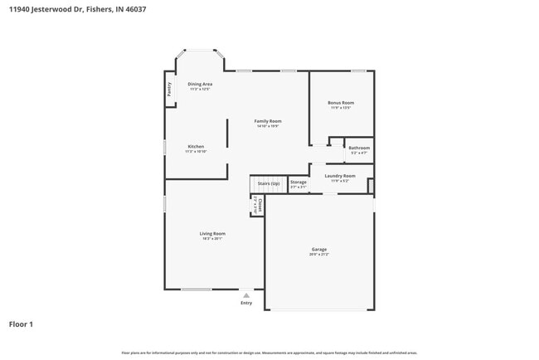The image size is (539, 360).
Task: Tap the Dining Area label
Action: coord(200,84)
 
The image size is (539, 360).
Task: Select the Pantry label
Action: coord(169,89)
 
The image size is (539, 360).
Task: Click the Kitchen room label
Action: coord(196,146)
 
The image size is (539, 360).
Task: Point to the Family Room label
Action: coord(267,121)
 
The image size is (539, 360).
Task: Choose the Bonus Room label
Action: coord(341,103)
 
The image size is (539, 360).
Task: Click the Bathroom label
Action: coord(359,148)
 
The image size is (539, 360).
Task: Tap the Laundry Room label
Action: coord(340,176)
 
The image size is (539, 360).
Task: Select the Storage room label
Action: coord(299,182)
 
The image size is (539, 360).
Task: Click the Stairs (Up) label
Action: coord(269,182)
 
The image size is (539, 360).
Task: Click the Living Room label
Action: coord(212,233)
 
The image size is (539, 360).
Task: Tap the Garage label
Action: coord(319,249)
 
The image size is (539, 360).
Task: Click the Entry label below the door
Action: coord(246,303)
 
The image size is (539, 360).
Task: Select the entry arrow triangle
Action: coord(246,294)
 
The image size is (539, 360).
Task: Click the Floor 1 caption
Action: coord(21,324)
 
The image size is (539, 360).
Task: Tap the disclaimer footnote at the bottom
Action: coord(269,353)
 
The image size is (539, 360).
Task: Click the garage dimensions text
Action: coord(319,254)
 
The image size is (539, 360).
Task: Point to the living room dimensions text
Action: coord(212,238)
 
